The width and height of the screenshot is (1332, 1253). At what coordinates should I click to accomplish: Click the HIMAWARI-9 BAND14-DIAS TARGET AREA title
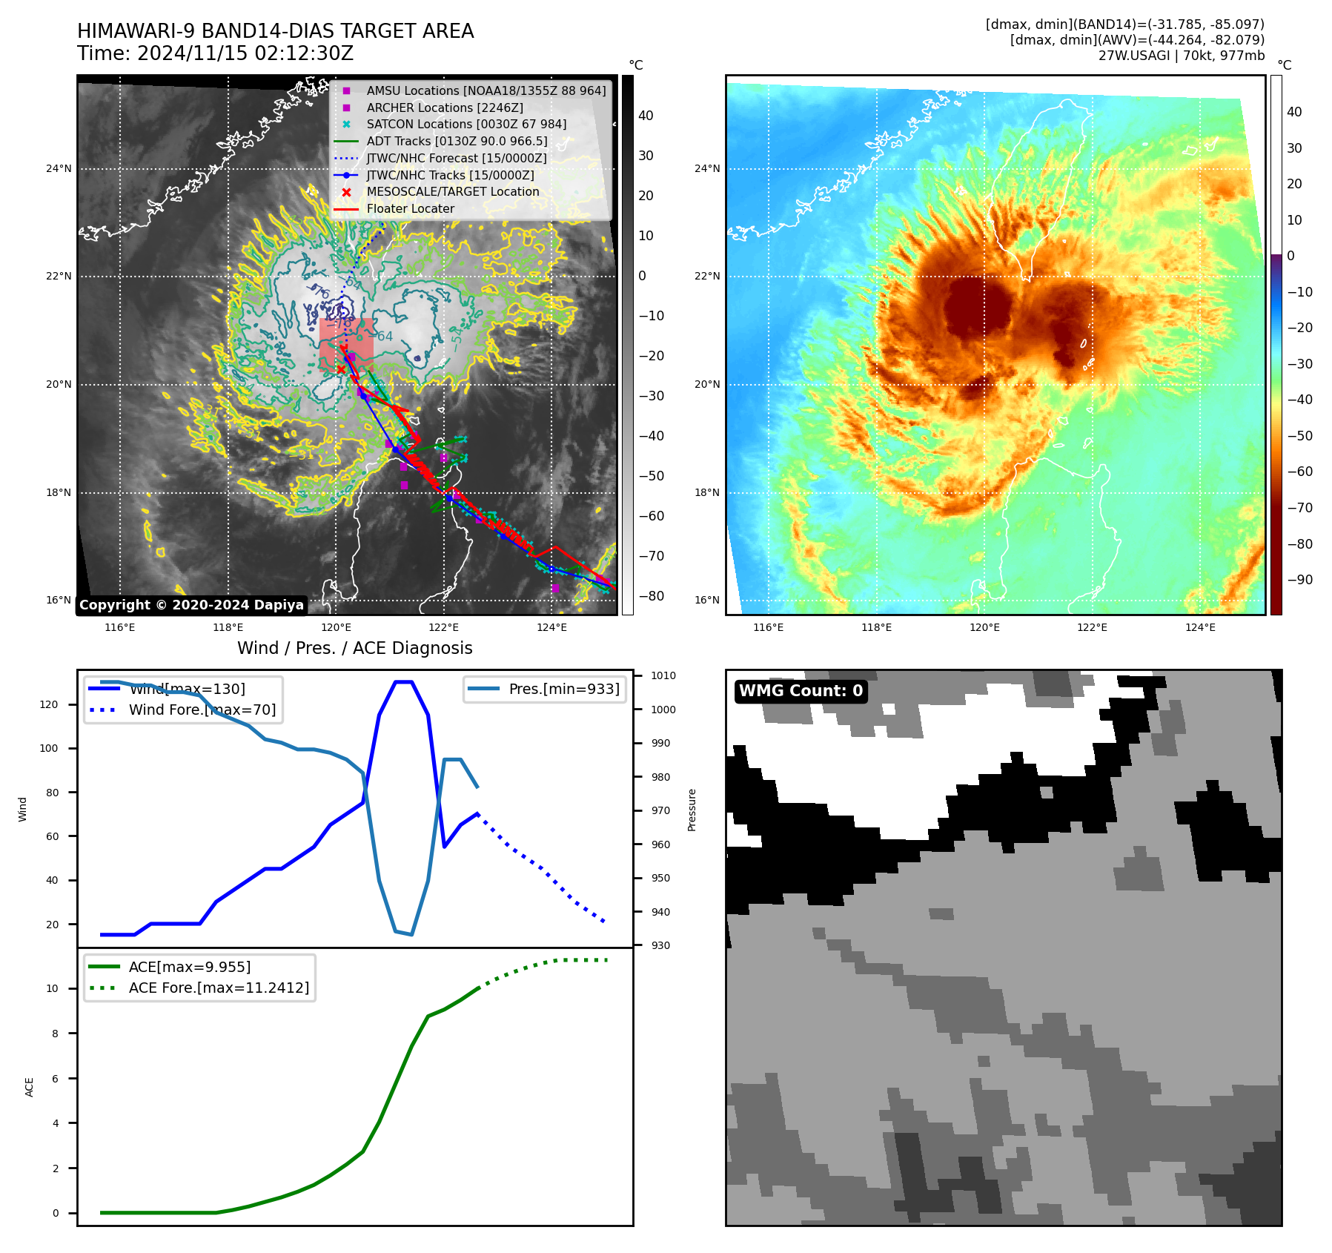pyautogui.click(x=275, y=31)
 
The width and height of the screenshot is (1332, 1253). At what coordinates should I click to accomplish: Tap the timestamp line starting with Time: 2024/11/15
pyautogui.click(x=215, y=54)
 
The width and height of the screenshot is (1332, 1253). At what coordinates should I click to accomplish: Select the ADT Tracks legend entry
pyautogui.click(x=457, y=141)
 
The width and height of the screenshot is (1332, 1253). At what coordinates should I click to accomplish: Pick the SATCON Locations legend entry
pyautogui.click(x=466, y=124)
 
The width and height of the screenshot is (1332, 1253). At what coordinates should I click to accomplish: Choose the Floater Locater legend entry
pyautogui.click(x=410, y=208)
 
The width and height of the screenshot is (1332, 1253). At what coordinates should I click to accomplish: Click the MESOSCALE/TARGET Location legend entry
pyautogui.click(x=452, y=191)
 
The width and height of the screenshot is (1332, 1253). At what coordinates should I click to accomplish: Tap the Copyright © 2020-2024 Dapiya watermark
pyautogui.click(x=191, y=605)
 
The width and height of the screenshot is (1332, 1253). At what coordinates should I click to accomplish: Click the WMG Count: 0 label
pyautogui.click(x=801, y=691)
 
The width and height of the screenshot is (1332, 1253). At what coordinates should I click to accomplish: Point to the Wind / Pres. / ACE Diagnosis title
pyautogui.click(x=354, y=648)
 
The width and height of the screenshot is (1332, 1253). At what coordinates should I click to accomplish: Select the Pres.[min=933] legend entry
pyautogui.click(x=563, y=689)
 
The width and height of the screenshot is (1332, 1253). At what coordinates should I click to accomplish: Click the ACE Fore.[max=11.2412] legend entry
pyautogui.click(x=219, y=988)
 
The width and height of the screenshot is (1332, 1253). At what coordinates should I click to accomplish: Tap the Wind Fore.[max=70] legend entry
pyautogui.click(x=202, y=710)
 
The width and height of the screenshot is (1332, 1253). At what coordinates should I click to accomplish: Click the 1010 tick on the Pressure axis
pyautogui.click(x=663, y=676)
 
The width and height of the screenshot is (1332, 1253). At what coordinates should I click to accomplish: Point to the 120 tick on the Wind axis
pyautogui.click(x=49, y=704)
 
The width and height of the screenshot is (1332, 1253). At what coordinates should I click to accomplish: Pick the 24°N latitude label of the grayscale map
pyautogui.click(x=59, y=169)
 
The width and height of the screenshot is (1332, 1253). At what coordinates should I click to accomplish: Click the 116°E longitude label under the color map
pyautogui.click(x=768, y=627)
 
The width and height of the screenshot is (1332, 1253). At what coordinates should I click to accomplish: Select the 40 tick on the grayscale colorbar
pyautogui.click(x=646, y=116)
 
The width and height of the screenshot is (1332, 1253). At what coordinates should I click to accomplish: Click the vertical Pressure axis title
pyautogui.click(x=692, y=810)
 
